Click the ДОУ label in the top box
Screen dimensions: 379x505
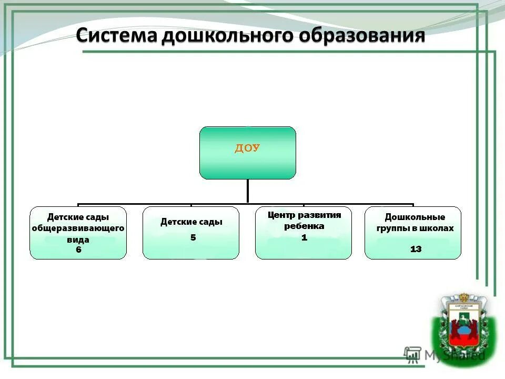pos(247,148)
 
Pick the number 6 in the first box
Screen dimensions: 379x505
pos(78,250)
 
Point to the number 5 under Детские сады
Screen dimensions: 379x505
pos(193,237)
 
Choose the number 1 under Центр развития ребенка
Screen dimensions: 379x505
pos(304,237)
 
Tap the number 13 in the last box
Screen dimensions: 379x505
pos(416,249)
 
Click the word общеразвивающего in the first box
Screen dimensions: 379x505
pos(78,228)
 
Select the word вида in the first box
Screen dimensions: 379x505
pos(78,240)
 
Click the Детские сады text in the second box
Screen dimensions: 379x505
pos(191,222)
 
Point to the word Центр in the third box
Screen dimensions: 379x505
pos(281,215)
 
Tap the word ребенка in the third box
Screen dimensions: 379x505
pos(304,226)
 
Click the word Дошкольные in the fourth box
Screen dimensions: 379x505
pos(415,217)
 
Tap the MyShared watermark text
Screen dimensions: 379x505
pos(454,355)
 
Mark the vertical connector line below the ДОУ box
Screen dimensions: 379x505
pos(248,191)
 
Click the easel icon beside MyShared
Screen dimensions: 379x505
pos(412,354)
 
